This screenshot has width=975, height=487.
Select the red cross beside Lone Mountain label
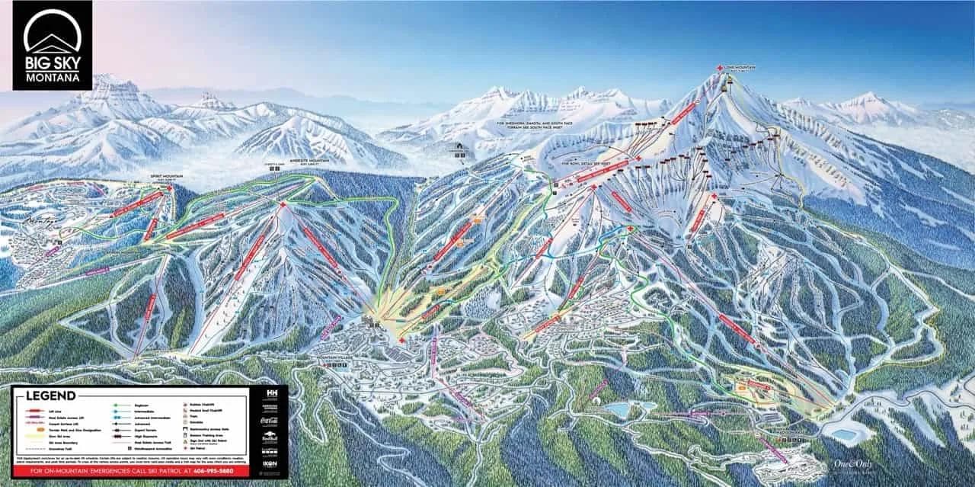(720, 69)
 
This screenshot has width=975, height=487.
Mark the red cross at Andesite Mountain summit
(283, 206)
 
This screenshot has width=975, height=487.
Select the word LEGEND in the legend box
(50, 396)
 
